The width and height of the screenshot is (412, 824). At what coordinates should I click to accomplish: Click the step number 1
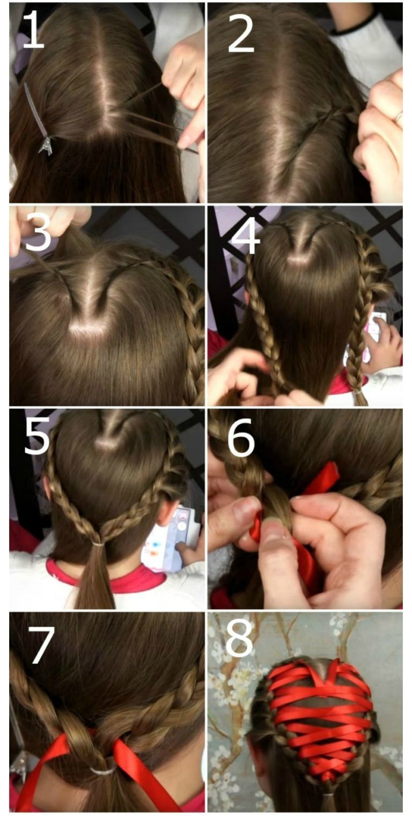(x=34, y=30)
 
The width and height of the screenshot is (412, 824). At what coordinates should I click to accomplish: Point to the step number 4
(x=246, y=236)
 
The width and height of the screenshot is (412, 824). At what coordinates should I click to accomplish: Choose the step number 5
(x=37, y=436)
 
